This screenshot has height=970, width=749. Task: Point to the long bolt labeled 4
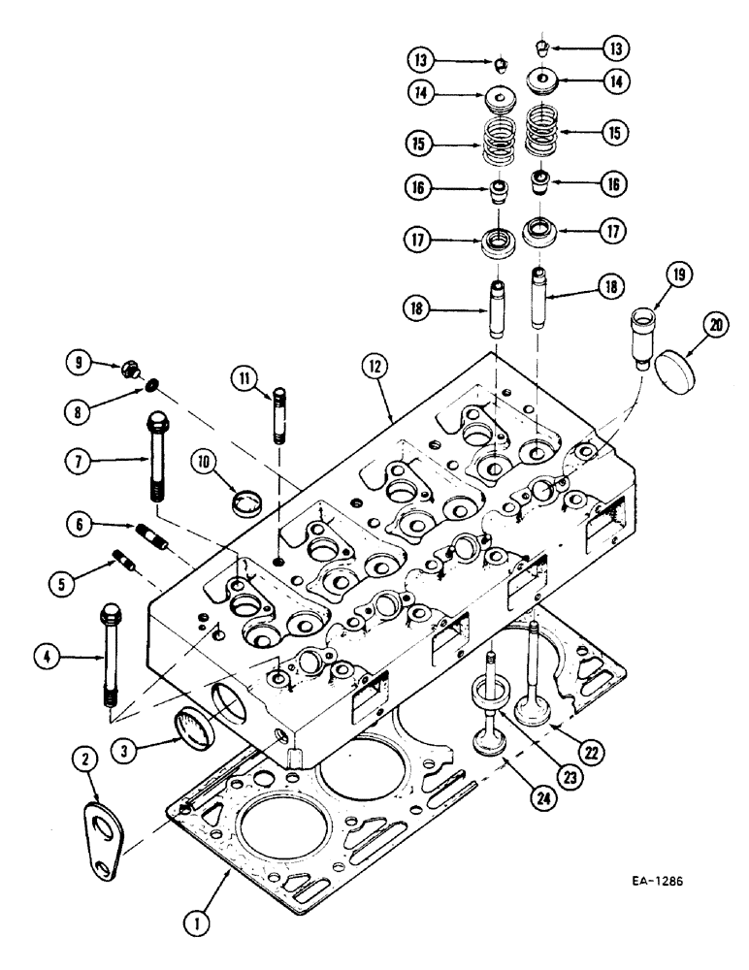110,655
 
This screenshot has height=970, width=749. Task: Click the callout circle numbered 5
64,582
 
